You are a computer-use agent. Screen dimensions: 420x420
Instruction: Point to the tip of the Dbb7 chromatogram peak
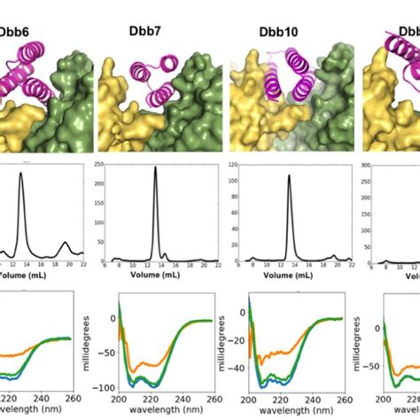tap(155, 167)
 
